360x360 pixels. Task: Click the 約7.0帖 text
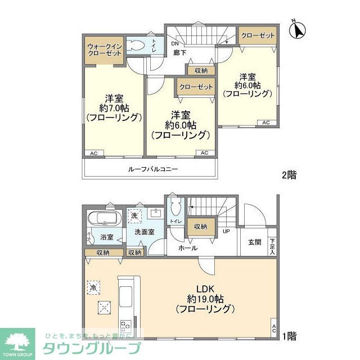point(114,107)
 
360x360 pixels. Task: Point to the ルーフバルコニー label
point(152,168)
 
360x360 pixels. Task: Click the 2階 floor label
point(289,175)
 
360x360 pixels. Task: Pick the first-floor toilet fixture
point(175,209)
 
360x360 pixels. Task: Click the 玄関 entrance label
point(254,242)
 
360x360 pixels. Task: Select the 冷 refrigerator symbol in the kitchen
point(93,286)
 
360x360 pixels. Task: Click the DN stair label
point(175,44)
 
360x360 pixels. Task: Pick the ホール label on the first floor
point(187,247)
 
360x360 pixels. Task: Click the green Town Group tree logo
point(17,341)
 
